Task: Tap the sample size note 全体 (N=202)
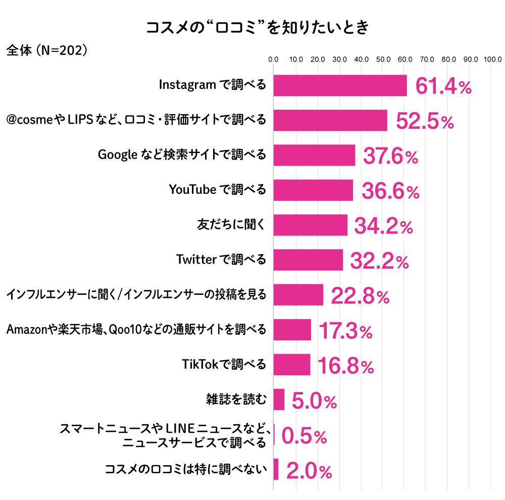47,51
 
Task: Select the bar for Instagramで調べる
340,85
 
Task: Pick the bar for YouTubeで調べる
313,190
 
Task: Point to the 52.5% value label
425,122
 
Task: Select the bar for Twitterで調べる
308,260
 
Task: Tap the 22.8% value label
360,296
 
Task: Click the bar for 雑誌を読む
279,399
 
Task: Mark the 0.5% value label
304,436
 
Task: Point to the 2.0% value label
309,471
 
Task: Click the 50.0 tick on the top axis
383,60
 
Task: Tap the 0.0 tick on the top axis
273,60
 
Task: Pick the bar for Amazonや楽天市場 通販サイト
292,330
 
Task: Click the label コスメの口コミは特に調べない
185,470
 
